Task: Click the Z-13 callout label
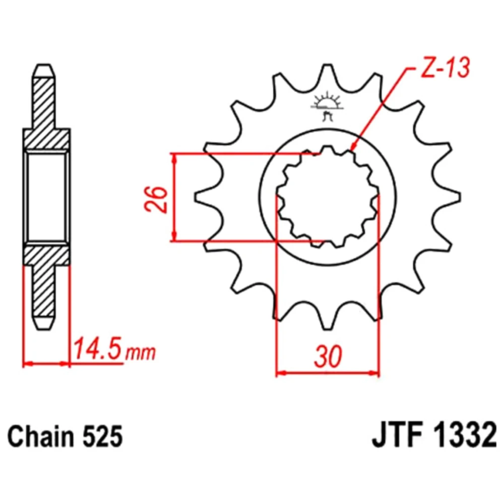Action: point(445,69)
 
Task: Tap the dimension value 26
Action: point(157,199)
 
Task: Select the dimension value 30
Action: point(328,357)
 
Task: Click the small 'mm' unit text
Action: point(140,353)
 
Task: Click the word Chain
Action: point(40,437)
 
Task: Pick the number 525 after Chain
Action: point(102,437)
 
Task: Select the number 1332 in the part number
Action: point(464,436)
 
